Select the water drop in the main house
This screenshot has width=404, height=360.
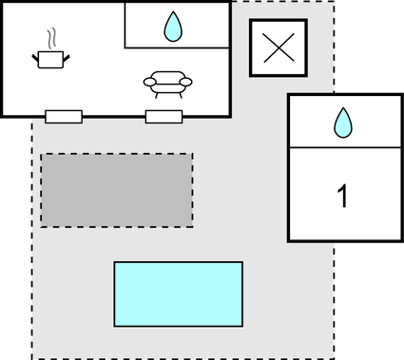click(x=173, y=27)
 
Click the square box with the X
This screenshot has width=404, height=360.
click(x=278, y=48)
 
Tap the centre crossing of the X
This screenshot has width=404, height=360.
click(x=278, y=48)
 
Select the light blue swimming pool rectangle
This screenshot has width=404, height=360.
click(x=178, y=294)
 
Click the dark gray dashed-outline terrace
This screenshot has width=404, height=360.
click(x=116, y=190)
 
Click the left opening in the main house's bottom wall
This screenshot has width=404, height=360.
click(x=64, y=117)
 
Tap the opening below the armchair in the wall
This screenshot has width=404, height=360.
click(x=164, y=117)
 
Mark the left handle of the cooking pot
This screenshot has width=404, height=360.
click(x=36, y=58)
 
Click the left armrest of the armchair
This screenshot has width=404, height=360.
click(x=148, y=84)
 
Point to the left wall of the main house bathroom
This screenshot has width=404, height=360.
click(x=125, y=25)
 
